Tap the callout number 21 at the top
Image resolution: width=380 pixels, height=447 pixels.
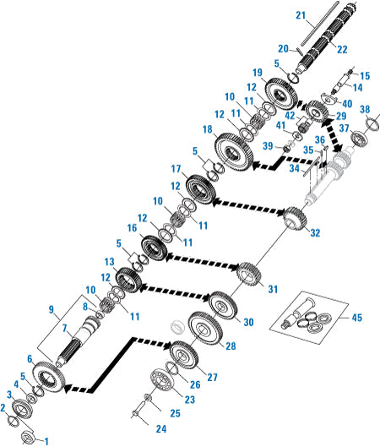301,15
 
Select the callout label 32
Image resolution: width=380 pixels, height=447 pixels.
315,232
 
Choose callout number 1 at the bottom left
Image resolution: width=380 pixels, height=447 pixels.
46,439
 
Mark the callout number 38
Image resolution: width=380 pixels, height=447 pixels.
365,109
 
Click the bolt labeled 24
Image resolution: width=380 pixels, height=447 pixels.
139,412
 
